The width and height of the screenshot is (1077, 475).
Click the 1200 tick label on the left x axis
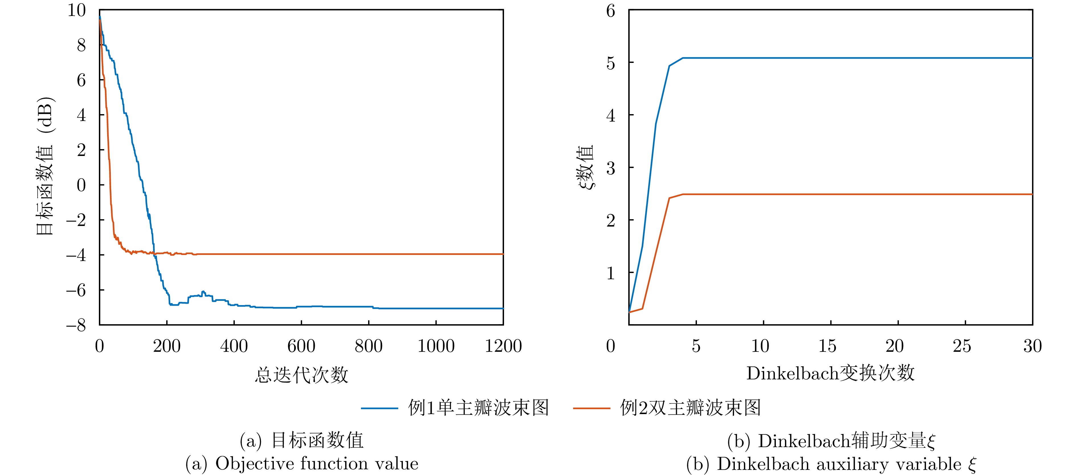(503, 346)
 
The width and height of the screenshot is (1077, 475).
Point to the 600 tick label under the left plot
(301, 346)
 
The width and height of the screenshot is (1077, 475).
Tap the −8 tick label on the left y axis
(76, 325)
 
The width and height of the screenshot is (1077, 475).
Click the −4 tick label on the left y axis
(76, 255)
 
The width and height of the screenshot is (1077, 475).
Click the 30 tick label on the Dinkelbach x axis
(1032, 346)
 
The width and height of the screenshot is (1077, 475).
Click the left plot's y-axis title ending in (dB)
(45, 166)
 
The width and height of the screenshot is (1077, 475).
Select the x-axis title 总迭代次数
(301, 375)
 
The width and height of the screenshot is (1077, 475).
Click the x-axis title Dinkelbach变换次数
(830, 373)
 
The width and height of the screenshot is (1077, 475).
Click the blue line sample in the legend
(379, 408)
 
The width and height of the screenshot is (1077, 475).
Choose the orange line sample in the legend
(591, 408)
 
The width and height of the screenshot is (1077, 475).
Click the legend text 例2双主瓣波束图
(690, 408)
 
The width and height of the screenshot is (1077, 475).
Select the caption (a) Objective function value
(301, 463)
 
